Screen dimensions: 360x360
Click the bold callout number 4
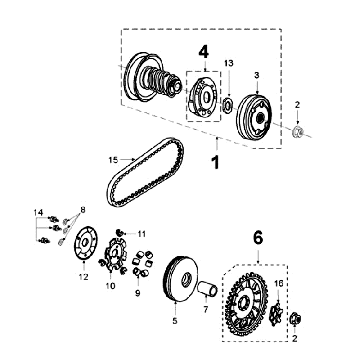[x=204, y=52]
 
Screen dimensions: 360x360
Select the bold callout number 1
[x=216, y=162]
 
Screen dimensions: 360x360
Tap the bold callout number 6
[x=258, y=238]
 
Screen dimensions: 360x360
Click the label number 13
[x=229, y=63]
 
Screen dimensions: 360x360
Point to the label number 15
[x=113, y=160]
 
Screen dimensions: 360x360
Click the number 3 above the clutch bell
[x=257, y=75]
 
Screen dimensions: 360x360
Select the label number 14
[x=38, y=212]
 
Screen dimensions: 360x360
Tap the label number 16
[x=279, y=284]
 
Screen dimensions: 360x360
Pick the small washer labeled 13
[x=228, y=105]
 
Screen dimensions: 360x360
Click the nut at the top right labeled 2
[x=297, y=133]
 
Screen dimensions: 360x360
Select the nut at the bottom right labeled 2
[x=296, y=319]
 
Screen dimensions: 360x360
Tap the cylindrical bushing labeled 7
[x=207, y=288]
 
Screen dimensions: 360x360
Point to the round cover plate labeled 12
[x=85, y=242]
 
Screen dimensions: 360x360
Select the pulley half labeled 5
[x=182, y=279]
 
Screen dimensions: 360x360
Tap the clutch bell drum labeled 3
[x=255, y=117]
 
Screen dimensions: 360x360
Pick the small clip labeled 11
[x=120, y=232]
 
